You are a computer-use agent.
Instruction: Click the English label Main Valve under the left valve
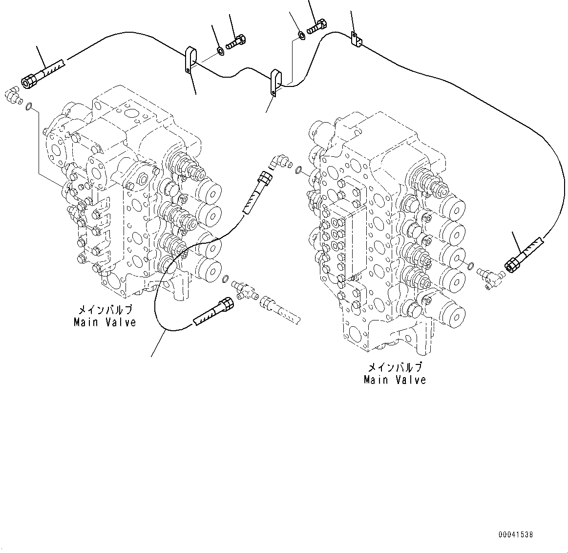click(105, 322)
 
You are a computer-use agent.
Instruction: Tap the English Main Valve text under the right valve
click(395, 380)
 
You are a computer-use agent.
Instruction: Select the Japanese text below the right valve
click(395, 367)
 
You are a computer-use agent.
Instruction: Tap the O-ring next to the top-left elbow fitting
click(30, 106)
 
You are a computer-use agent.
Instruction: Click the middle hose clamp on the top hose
click(276, 82)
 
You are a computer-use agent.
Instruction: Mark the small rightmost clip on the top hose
click(356, 40)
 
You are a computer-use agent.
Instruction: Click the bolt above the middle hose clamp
click(318, 25)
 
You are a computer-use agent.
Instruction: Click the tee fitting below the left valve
click(244, 288)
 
